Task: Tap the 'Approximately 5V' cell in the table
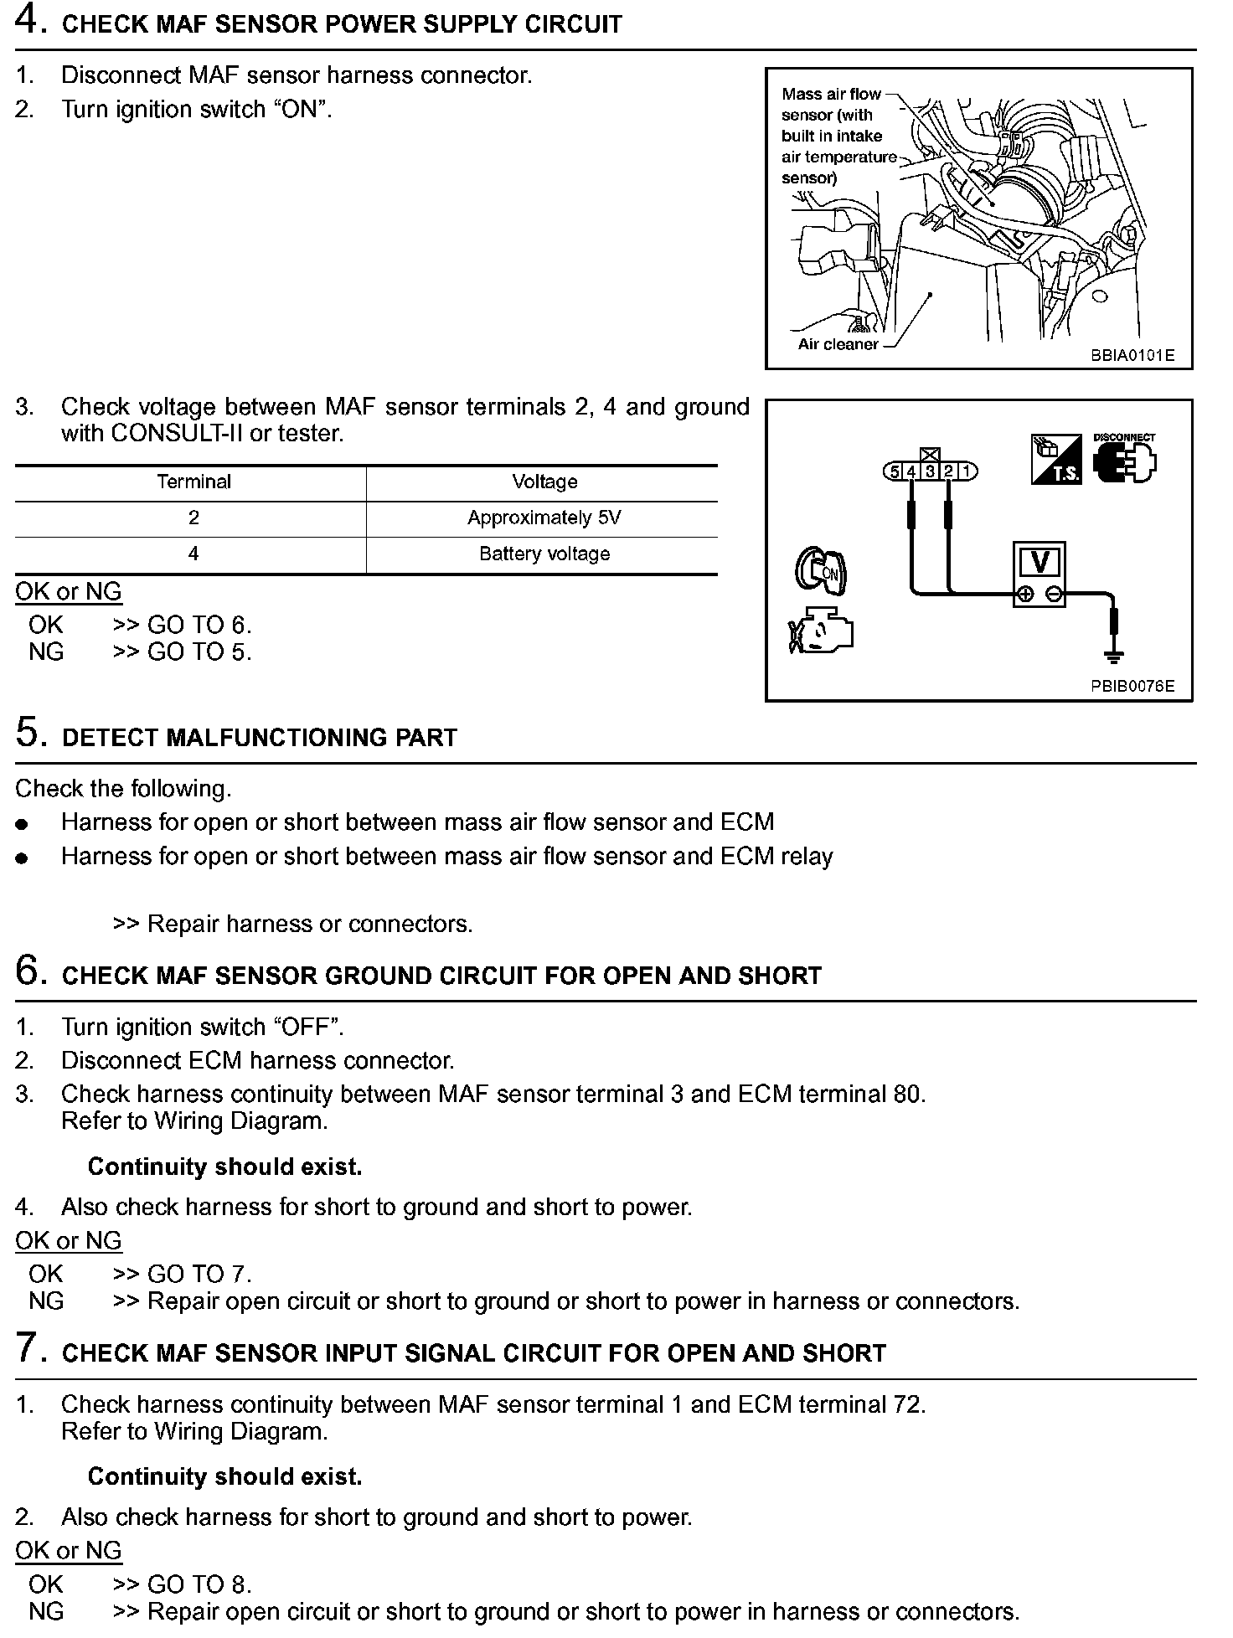click(544, 518)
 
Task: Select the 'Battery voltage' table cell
click(544, 554)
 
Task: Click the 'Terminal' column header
click(193, 482)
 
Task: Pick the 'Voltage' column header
click(544, 482)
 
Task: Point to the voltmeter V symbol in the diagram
click(1040, 563)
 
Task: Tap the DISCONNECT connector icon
click(1124, 460)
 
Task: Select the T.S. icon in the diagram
click(1055, 460)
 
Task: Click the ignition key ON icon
click(820, 570)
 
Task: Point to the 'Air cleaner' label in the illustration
click(838, 344)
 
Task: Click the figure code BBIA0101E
click(1132, 356)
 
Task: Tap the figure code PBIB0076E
click(1132, 687)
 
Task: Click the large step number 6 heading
click(28, 971)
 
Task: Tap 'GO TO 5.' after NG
click(199, 652)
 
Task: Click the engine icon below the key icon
click(821, 631)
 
